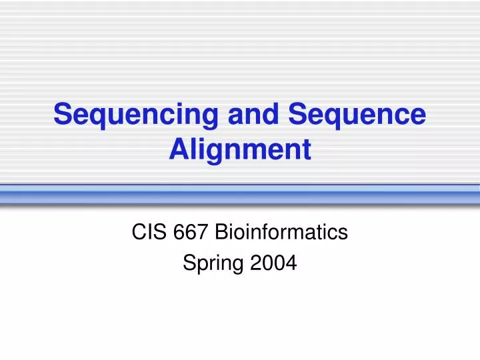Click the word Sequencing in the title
pyautogui.click(x=136, y=115)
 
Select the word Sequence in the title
pyautogui.click(x=357, y=115)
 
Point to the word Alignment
pyautogui.click(x=240, y=149)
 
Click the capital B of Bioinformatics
pyautogui.click(x=222, y=232)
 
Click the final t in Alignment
pyautogui.click(x=306, y=149)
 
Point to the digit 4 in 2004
pyautogui.click(x=291, y=264)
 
